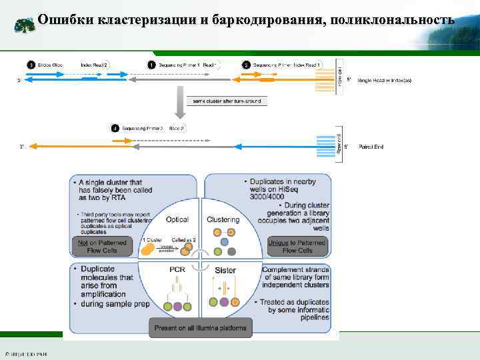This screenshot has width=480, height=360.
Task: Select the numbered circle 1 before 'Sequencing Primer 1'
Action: click(x=152, y=65)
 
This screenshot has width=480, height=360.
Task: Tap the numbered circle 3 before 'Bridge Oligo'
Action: click(x=31, y=65)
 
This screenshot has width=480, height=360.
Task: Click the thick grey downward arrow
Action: click(x=179, y=101)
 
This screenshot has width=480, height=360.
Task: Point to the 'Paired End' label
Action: click(x=371, y=145)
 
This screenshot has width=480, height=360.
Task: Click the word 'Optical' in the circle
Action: click(x=177, y=219)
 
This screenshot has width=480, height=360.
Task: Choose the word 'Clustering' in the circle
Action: click(x=223, y=219)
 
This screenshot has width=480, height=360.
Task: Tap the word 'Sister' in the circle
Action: click(x=225, y=269)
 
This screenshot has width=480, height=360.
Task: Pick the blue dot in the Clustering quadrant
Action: click(x=225, y=241)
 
